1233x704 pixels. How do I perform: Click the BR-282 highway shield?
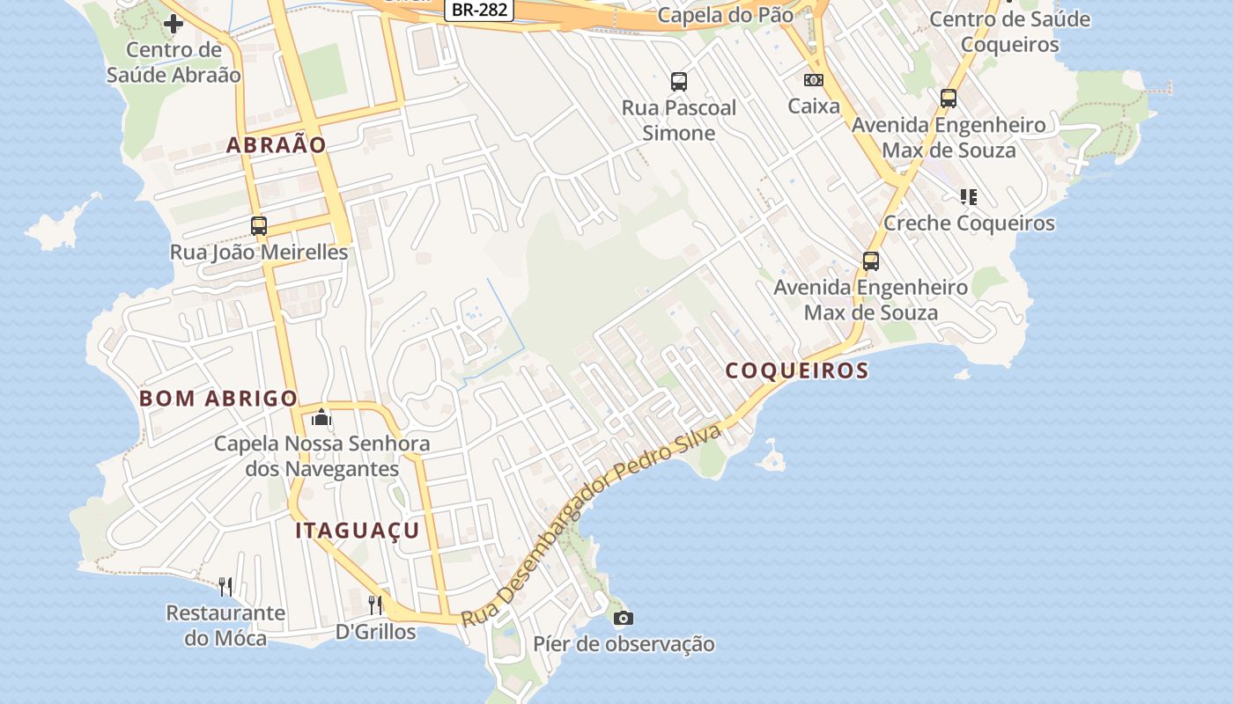478,10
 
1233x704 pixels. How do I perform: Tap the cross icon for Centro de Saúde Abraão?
173,23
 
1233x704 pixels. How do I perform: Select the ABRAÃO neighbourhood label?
277,145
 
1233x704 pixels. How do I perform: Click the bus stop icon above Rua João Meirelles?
258,225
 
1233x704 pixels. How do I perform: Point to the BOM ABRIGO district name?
218,399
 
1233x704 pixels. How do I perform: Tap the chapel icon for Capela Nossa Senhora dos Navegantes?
321,416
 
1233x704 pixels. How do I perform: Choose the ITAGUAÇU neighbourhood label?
358,531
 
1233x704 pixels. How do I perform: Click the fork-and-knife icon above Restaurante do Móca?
225,586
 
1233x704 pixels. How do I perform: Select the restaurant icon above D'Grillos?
375,605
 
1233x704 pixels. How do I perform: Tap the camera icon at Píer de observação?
623,618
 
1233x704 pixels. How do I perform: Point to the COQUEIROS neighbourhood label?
797,370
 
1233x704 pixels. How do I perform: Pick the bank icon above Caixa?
813,80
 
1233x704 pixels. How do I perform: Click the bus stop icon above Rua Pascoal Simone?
678,82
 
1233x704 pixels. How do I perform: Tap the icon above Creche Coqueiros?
968,196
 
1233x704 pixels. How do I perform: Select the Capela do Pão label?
725,15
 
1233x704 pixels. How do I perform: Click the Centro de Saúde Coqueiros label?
1009,32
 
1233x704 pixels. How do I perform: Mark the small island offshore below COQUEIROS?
772,458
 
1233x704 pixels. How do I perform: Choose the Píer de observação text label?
624,644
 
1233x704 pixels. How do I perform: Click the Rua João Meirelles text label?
259,253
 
